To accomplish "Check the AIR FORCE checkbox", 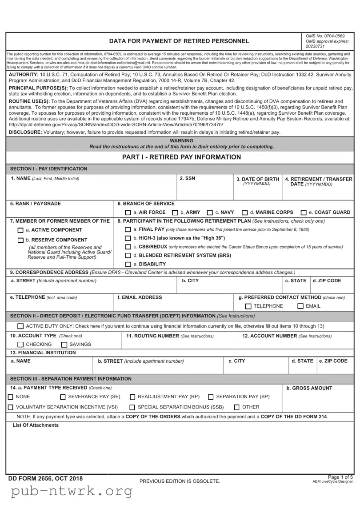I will coord(128,213).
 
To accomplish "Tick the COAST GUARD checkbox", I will coord(304,213).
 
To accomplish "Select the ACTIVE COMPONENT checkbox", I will coord(20,230).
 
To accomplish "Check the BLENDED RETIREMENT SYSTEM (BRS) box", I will coord(128,256).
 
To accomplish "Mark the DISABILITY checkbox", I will coord(128,265).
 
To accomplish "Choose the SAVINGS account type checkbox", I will coord(64,345).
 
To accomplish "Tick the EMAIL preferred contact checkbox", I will coord(301,306).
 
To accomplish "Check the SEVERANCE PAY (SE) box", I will coord(63,397).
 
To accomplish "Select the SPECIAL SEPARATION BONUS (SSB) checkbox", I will coord(132,407).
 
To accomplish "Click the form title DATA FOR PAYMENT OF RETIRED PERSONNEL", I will coord(179,41).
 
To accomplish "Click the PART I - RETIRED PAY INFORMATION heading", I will coord(181,157).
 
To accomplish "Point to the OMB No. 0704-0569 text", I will coord(325,36).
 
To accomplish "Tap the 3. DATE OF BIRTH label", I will coord(257,179).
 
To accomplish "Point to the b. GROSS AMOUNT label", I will coord(309,388).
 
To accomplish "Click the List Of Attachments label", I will coord(36,425).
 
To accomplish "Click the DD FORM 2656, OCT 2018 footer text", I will coord(45,479).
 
